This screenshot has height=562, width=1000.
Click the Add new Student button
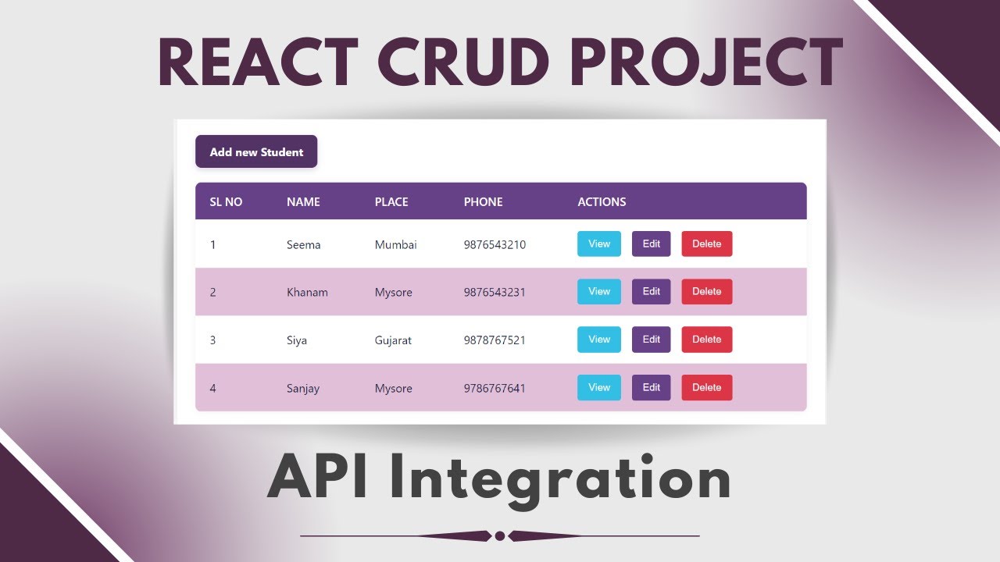coord(256,151)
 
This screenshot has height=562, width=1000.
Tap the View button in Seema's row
coord(599,244)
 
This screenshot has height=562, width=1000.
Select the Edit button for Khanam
coord(651,291)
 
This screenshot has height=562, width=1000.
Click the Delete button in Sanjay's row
coord(706,387)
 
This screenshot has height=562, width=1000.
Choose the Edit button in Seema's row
coord(651,244)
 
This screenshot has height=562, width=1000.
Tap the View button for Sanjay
coord(599,387)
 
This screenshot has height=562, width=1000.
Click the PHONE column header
coord(483,201)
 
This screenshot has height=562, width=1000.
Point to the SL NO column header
coord(226,201)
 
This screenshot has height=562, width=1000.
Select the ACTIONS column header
coord(602,201)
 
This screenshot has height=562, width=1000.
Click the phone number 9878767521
coord(494,340)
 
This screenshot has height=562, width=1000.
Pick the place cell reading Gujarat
coord(393,340)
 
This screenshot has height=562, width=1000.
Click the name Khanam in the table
coord(307,293)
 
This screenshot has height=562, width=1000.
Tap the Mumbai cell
coord(395,245)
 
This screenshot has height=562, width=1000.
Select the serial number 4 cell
coord(212,389)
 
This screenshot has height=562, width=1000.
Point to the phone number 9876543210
coord(495,245)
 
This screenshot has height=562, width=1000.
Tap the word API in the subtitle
coord(318,478)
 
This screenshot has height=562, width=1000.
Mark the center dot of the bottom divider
coord(499,535)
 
